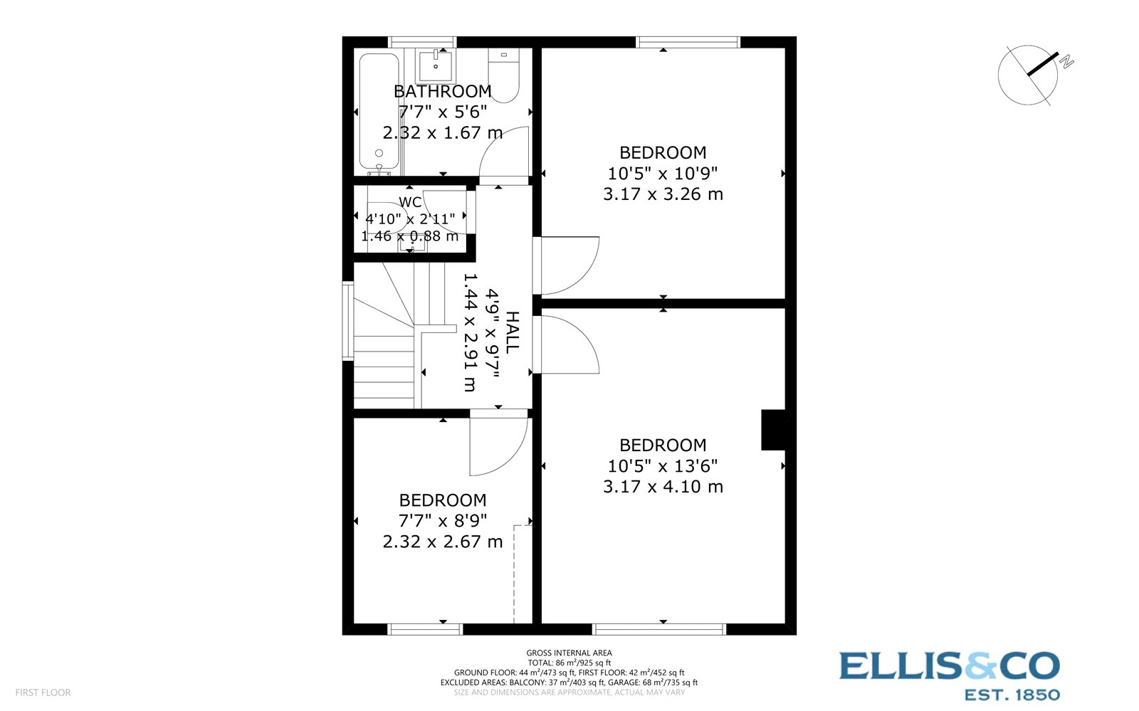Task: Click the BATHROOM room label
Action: (x=442, y=91)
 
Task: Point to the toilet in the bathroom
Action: (x=504, y=75)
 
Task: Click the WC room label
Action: (x=410, y=202)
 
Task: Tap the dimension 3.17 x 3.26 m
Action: (x=663, y=194)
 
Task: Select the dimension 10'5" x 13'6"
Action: (x=663, y=465)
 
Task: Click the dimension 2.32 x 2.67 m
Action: (x=443, y=542)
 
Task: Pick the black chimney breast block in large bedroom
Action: (x=773, y=430)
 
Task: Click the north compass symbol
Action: (x=1029, y=74)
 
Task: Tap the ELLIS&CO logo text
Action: (x=949, y=667)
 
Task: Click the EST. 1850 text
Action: (x=1011, y=695)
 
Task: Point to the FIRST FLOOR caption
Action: (x=43, y=692)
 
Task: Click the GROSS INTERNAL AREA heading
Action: (x=569, y=653)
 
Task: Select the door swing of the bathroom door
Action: (x=504, y=154)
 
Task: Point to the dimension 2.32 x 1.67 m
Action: (x=443, y=132)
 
